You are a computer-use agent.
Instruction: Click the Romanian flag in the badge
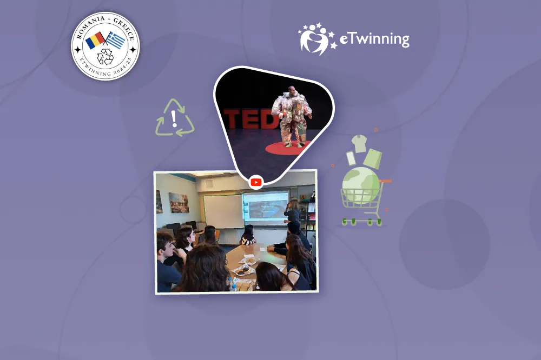click(95, 40)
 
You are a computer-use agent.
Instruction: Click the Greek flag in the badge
click(116, 40)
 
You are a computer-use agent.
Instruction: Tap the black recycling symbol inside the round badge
click(105, 57)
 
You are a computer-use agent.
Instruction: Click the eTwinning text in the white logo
click(375, 39)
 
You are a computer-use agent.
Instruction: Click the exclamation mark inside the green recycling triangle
click(174, 118)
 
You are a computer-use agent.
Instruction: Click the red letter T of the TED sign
click(232, 119)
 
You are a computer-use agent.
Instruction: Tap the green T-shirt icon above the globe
click(359, 143)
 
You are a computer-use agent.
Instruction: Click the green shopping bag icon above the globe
click(373, 158)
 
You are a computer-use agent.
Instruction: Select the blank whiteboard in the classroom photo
click(223, 211)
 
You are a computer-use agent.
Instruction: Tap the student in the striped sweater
click(248, 235)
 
